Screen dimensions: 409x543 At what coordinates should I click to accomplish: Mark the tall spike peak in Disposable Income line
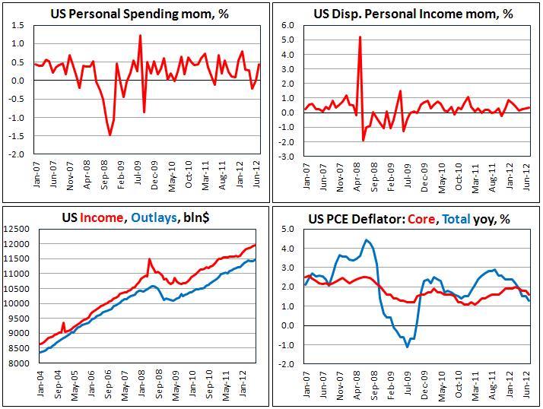tap(360, 36)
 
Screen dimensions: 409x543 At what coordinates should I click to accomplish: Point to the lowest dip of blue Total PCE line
tap(408, 347)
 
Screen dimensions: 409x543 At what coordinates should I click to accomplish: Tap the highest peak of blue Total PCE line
tap(367, 240)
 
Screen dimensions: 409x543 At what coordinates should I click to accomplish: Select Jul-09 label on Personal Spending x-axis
tap(138, 171)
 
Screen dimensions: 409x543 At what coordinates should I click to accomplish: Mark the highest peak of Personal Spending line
tap(141, 35)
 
